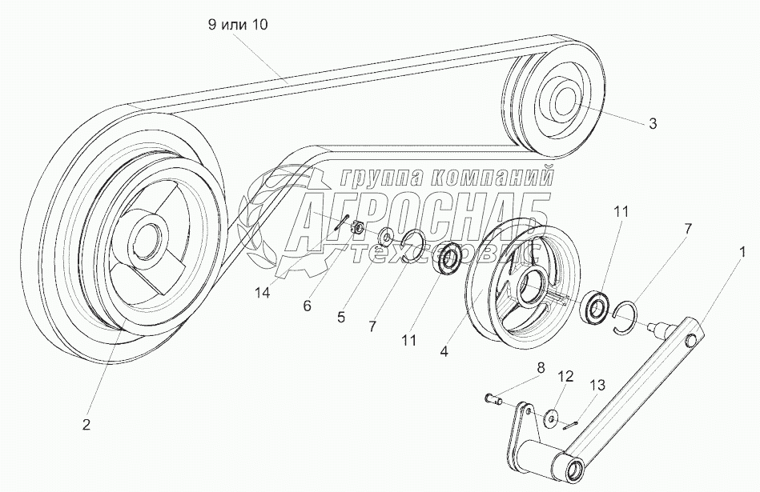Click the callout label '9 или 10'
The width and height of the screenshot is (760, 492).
pos(238,25)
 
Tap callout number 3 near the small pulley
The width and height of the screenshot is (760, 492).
pos(653,123)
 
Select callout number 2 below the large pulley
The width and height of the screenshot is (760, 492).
pos(86,425)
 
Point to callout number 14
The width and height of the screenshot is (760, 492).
pos(263,293)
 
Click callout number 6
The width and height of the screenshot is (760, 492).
pos(308,306)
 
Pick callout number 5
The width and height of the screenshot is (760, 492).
pos(341,317)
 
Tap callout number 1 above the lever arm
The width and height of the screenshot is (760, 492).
pos(742,251)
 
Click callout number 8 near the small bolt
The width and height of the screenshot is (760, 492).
pos(541,368)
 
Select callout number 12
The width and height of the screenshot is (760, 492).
pos(565,376)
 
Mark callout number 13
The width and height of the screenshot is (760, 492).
pos(597,385)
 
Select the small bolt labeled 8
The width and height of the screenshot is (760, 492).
pos(492,399)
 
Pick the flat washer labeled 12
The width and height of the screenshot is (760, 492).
pos(550,418)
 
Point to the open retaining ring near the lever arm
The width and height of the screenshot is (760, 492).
pos(625,317)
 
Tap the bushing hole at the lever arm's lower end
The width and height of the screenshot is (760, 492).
pos(575,469)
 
